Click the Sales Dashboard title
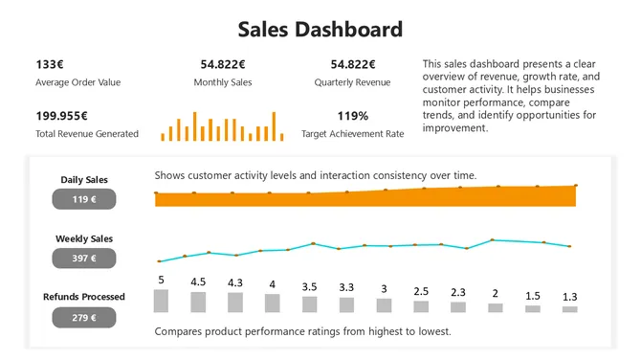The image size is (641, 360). click(320, 29)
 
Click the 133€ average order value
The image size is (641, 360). click(50, 64)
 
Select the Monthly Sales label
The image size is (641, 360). click(223, 82)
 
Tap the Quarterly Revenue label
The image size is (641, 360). click(352, 82)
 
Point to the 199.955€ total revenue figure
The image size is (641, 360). click(64, 116)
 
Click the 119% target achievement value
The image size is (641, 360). click(352, 116)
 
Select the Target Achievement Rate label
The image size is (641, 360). click(352, 134)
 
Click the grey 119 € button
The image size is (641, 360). click(84, 199)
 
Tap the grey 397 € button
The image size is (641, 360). click(84, 259)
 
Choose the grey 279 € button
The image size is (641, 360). click(84, 317)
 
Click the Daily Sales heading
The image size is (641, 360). click(84, 179)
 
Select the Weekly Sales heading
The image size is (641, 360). click(84, 238)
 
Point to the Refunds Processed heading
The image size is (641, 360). click(84, 297)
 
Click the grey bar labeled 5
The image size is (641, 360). click(161, 302)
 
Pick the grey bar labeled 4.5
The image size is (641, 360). click(198, 303)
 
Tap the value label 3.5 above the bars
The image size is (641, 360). click(309, 286)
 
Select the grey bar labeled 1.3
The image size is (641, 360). click(569, 309)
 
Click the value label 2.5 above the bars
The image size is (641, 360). click(421, 290)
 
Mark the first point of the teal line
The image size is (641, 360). click(160, 261)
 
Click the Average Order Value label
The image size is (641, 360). click(78, 82)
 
